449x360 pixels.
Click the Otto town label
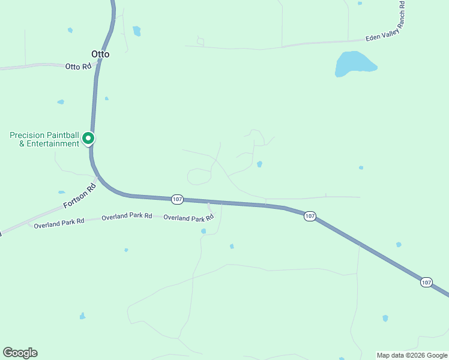(100, 54)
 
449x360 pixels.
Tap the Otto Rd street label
(78, 66)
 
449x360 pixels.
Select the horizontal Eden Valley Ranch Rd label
(382, 38)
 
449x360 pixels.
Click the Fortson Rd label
(80, 196)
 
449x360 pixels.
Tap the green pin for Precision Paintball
(88, 138)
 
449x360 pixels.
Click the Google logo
(20, 353)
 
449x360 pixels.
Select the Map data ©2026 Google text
(412, 355)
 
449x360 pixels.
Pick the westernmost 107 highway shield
(176, 199)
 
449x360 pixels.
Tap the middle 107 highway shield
(309, 216)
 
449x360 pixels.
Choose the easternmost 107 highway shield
(426, 282)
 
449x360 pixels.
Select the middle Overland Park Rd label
(127, 216)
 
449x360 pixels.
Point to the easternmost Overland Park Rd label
(188, 218)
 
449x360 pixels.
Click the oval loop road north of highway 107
(199, 176)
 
